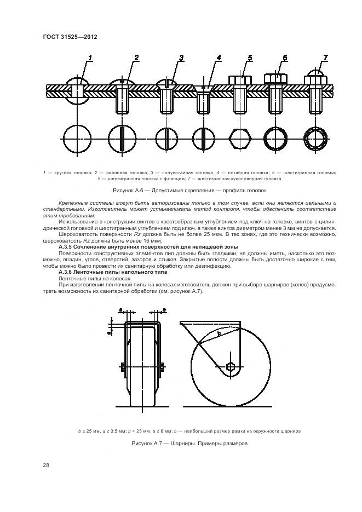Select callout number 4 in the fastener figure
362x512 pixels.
click(x=219, y=58)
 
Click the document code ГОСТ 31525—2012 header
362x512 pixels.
click(x=66, y=37)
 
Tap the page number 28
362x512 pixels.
click(x=46, y=465)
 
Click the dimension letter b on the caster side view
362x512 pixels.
click(x=219, y=332)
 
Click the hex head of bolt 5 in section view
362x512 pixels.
click(x=240, y=80)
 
